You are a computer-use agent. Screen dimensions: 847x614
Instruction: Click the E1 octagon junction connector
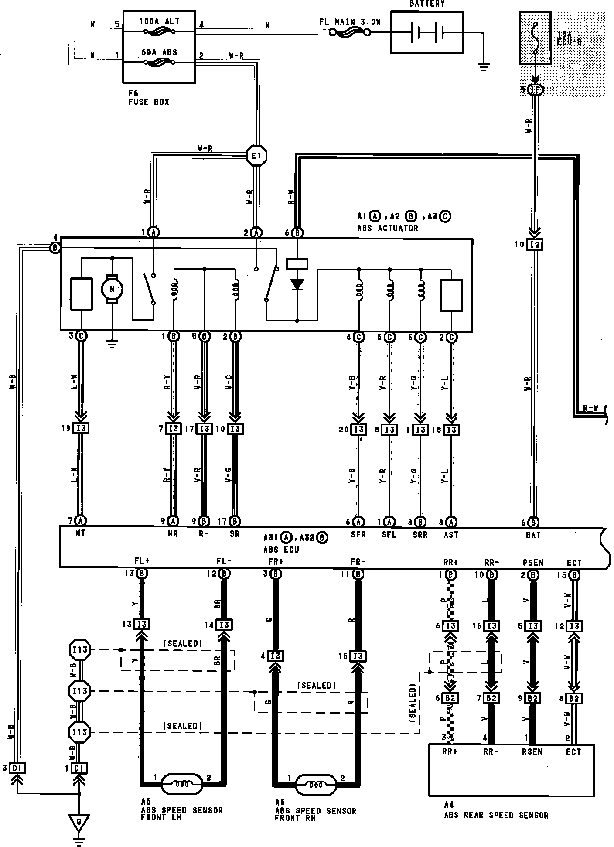click(256, 156)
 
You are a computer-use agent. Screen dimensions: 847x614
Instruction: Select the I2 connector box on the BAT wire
click(535, 245)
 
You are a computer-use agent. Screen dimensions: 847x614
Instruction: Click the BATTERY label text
click(426, 4)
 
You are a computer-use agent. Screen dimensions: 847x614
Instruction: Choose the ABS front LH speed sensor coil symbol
click(182, 783)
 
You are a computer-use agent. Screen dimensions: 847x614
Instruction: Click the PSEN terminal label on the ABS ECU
click(533, 563)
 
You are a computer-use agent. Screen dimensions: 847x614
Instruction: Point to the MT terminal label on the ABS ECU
click(80, 533)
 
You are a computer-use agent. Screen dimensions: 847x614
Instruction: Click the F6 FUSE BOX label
click(148, 98)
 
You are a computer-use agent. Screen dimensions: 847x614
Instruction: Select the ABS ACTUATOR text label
click(387, 228)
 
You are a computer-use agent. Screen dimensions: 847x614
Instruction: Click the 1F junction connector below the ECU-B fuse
click(535, 90)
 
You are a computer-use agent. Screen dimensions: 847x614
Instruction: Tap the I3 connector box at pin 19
click(81, 428)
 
